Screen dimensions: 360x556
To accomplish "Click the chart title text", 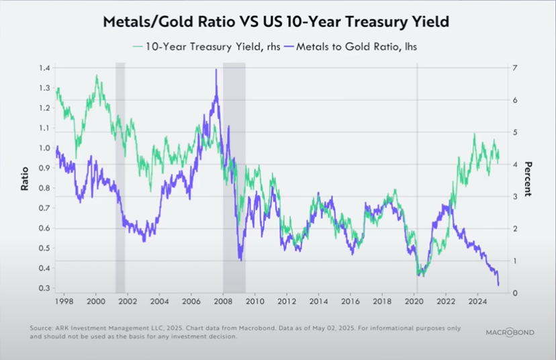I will click(275, 21).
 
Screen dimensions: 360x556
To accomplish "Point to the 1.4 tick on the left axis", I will click(44, 69).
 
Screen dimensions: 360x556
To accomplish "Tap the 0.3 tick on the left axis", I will click(44, 288).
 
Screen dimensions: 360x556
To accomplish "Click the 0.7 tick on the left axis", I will click(44, 208).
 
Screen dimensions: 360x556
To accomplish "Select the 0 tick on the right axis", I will click(514, 293).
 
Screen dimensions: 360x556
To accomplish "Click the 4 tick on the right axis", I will click(514, 165).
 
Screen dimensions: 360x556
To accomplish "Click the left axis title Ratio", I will click(25, 179).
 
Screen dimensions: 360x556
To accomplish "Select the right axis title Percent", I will click(528, 179).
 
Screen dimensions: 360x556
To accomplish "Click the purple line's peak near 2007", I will click(216, 69).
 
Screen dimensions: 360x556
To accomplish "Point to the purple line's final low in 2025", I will click(498, 285).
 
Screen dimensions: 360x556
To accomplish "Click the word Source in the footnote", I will click(42, 328).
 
